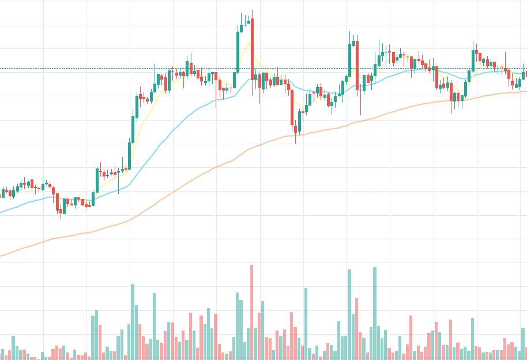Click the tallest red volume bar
[251, 312]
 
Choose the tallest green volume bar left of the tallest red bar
[132, 322]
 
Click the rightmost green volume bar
[524, 344]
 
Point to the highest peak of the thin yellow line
[249, 43]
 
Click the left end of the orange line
[1, 256]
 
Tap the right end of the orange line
[525, 91]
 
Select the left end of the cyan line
[1, 212]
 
